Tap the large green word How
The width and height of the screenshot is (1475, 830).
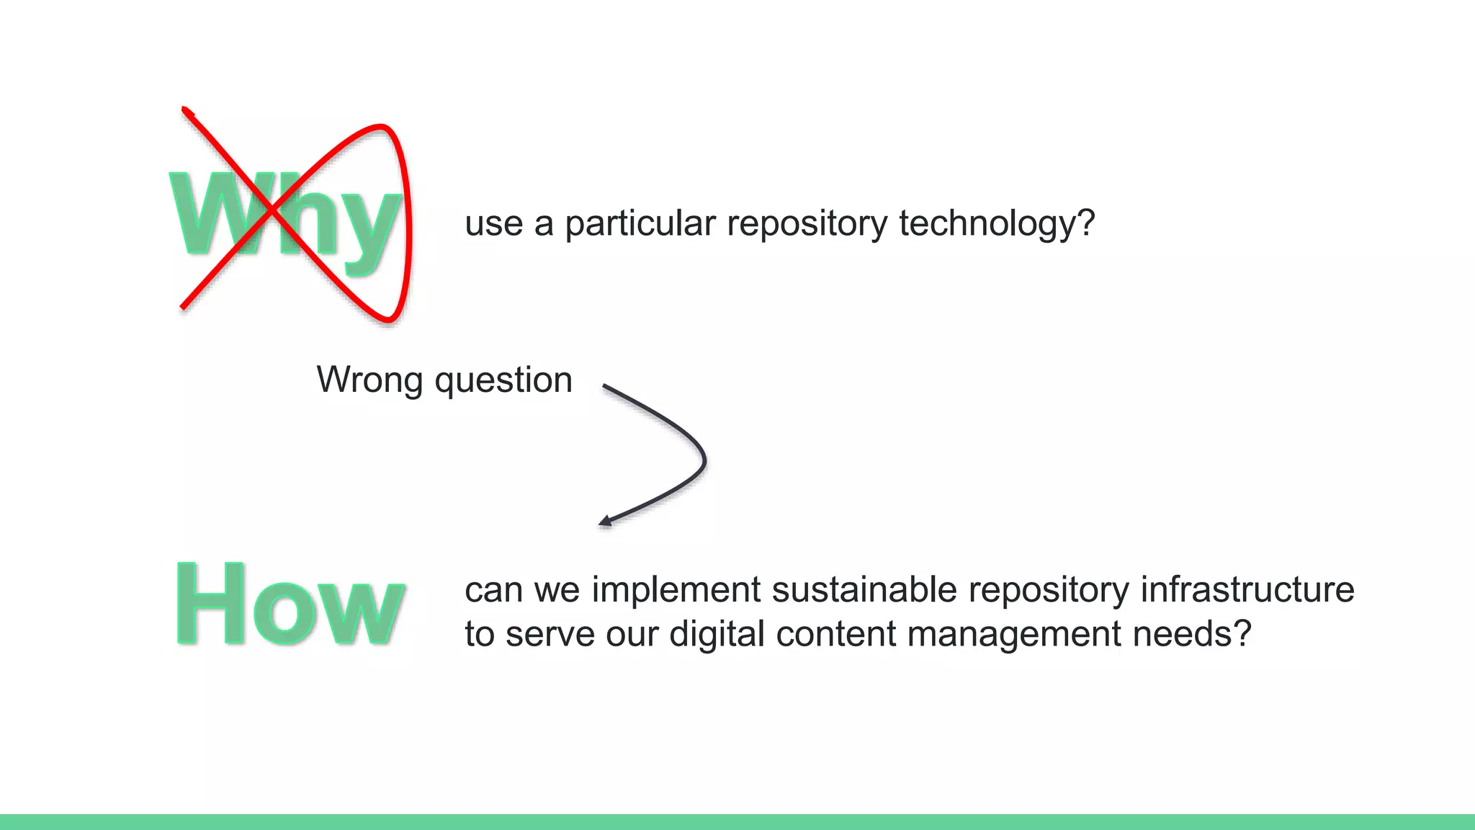click(290, 604)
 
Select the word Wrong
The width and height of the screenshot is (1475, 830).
click(369, 380)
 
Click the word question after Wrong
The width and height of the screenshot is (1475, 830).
click(503, 381)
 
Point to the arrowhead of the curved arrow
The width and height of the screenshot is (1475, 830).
click(605, 521)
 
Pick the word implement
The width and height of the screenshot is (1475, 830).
click(676, 591)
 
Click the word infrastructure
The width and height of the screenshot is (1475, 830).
click(1247, 589)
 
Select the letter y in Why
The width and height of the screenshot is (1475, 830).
click(369, 227)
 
